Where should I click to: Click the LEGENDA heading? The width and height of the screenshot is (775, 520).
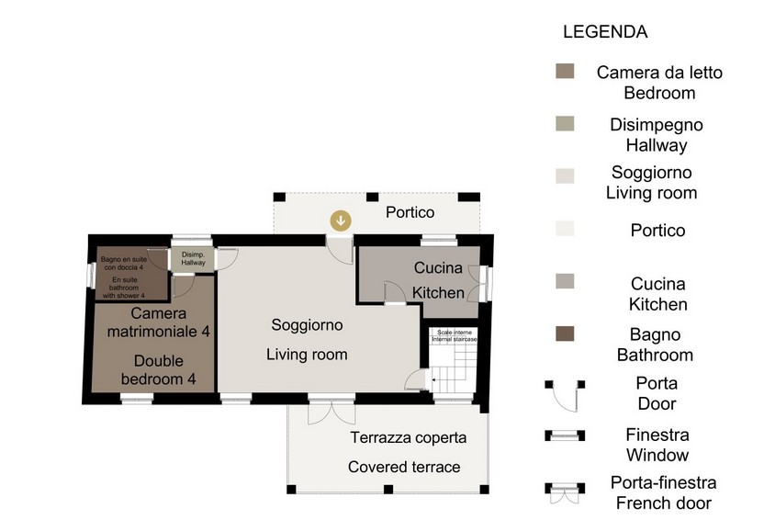[605, 31]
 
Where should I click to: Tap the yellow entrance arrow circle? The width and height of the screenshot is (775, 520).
[341, 220]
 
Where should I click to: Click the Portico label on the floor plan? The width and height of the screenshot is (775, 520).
[410, 212]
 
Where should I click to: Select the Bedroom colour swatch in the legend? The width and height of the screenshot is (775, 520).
[565, 71]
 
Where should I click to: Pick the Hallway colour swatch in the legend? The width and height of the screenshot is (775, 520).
[565, 124]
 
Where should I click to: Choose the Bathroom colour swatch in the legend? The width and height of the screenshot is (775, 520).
[565, 333]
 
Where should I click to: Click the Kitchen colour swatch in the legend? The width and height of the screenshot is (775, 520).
[565, 281]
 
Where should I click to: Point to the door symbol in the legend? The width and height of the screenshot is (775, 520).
[565, 395]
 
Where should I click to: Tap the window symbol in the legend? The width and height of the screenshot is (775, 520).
[565, 435]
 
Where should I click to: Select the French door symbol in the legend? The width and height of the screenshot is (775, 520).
[565, 492]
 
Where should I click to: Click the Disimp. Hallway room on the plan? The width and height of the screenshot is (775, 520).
[193, 258]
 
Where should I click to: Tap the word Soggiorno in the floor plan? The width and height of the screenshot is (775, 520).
[307, 324]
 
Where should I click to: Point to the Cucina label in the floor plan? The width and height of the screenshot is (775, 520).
[438, 268]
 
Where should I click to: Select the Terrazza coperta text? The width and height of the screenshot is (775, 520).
[409, 438]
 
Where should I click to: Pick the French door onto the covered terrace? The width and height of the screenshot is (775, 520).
[331, 410]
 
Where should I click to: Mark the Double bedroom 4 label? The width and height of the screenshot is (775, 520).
[158, 369]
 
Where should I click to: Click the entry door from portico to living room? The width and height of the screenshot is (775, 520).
[340, 251]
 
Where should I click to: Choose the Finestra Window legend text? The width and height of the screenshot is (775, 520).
[657, 445]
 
